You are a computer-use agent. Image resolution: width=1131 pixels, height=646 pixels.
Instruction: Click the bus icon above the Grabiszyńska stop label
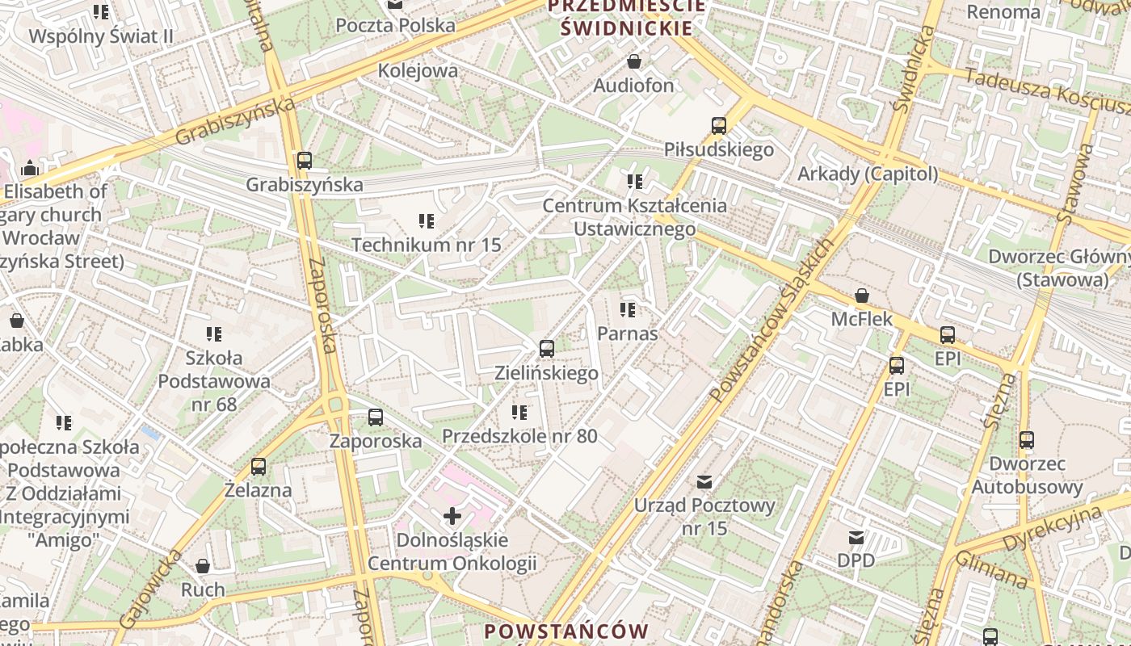pos(305,160)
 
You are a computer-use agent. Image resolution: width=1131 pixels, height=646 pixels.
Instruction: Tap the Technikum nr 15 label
pos(427,244)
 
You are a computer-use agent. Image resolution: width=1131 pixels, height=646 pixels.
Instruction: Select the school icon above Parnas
pos(628,309)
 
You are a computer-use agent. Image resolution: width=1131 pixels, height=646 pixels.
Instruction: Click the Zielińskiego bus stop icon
pos(547,349)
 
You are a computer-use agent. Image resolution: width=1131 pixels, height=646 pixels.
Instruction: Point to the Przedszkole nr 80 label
pos(519,436)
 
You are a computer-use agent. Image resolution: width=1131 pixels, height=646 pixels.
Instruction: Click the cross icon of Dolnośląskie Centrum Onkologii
pos(452,515)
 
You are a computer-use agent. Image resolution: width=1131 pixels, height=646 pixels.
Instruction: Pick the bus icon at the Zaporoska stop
pos(376,417)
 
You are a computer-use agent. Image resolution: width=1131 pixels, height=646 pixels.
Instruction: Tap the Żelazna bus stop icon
pos(259,466)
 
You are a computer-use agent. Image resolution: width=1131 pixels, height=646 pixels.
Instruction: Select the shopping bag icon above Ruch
pos(203,566)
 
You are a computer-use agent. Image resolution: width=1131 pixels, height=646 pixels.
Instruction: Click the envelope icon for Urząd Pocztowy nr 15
pos(704,482)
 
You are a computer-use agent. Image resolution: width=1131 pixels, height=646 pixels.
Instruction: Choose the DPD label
pos(856,560)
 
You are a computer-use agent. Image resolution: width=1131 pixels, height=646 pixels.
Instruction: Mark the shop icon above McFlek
pos(862,296)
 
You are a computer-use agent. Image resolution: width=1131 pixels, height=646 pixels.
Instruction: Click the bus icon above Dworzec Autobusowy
pos(1027,440)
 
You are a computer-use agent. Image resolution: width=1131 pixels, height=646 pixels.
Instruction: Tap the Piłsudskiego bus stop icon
pos(719,126)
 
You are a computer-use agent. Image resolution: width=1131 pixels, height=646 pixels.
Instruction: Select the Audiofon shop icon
pos(634,61)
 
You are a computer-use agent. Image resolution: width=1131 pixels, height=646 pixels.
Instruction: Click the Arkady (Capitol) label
pos(868,174)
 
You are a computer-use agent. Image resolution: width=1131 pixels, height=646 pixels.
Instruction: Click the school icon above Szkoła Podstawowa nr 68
pos(214,333)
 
